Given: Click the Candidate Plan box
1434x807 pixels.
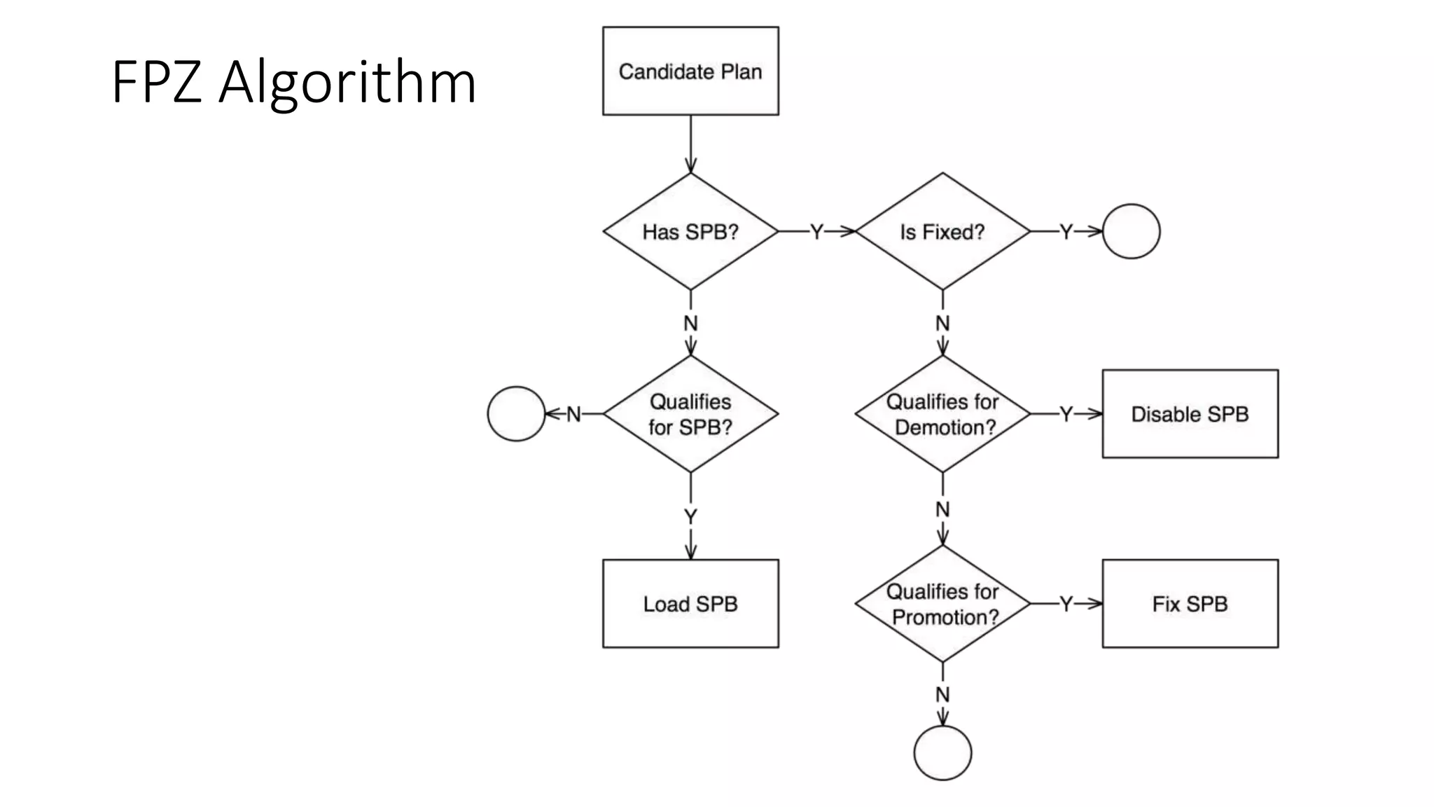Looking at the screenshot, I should pyautogui.click(x=690, y=71).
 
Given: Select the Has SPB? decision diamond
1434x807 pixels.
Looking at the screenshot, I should pyautogui.click(x=690, y=232).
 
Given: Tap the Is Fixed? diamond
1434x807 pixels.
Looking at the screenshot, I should pyautogui.click(x=942, y=232).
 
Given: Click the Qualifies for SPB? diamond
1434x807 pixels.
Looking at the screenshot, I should pyautogui.click(x=690, y=414).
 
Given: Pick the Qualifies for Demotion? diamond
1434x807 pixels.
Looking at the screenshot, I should pyautogui.click(x=942, y=414).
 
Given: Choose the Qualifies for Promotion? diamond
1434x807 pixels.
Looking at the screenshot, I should pyautogui.click(x=942, y=604).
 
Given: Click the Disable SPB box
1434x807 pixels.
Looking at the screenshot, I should pyautogui.click(x=1190, y=414).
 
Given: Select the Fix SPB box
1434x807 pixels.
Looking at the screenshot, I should pyautogui.click(x=1190, y=604).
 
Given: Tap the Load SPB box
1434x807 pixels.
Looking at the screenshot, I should pyautogui.click(x=690, y=604).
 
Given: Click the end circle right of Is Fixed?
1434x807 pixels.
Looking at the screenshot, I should pyautogui.click(x=1131, y=232).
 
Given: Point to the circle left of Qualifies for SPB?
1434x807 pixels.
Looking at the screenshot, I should pyautogui.click(x=516, y=414).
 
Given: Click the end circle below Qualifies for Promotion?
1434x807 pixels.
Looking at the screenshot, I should pyautogui.click(x=942, y=752).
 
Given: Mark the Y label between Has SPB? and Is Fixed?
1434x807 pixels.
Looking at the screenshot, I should pyautogui.click(x=816, y=232).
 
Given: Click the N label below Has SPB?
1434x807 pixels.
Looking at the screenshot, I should pyautogui.click(x=690, y=324).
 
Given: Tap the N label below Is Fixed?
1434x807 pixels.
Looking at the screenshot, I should pyautogui.click(x=942, y=324).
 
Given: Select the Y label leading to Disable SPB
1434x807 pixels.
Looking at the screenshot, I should pyautogui.click(x=1066, y=414).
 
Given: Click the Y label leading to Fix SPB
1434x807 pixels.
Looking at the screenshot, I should pyautogui.click(x=1066, y=604).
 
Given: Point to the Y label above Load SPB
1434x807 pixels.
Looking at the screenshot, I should pyautogui.click(x=690, y=517).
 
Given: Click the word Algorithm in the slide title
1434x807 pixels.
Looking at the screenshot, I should pyautogui.click(x=347, y=83).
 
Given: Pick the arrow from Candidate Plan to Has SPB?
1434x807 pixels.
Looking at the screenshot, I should pyautogui.click(x=690, y=144).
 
